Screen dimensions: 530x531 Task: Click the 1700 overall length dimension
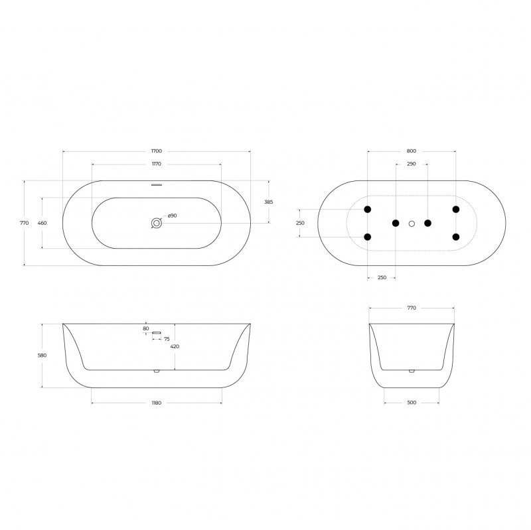tap(157, 151)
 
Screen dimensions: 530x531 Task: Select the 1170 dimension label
tap(157, 164)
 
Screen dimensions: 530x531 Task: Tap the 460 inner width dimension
tap(42, 223)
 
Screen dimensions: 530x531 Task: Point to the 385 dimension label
tap(269, 202)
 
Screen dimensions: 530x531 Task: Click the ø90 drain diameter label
tap(171, 216)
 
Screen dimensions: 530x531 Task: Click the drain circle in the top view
tap(157, 223)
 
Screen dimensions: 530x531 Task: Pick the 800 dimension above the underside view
tap(412, 151)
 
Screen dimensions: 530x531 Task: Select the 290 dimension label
tap(412, 164)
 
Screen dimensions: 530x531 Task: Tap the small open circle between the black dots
tap(412, 224)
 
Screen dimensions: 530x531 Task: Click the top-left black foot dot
tap(368, 210)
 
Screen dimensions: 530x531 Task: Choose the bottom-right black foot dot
tap(456, 237)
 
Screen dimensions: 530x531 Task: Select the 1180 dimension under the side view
tap(157, 402)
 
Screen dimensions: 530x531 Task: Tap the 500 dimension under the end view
tap(412, 402)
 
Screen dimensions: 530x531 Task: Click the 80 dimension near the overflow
tap(146, 328)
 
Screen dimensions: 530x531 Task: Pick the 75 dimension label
tap(167, 339)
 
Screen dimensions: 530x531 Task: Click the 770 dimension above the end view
tap(412, 308)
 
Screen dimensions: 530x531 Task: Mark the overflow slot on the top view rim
tap(157, 184)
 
